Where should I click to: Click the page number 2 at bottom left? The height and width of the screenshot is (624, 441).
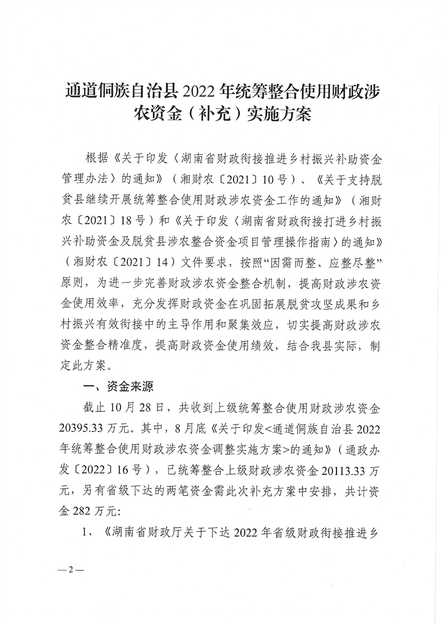click(x=71, y=571)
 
